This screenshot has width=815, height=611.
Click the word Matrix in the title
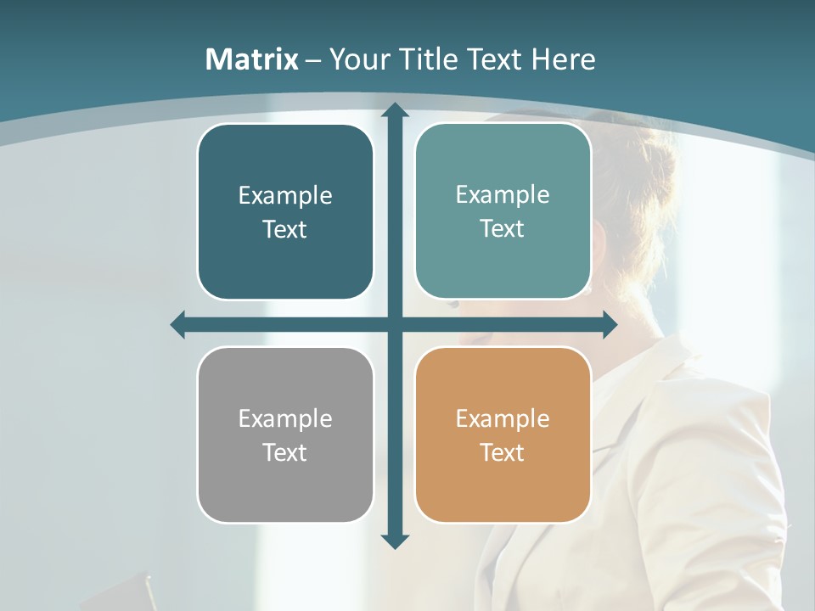pyautogui.click(x=251, y=59)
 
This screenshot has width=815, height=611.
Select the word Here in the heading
pyautogui.click(x=564, y=59)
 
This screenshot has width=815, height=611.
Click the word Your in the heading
pyautogui.click(x=358, y=59)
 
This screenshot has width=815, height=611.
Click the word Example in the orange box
pyautogui.click(x=503, y=418)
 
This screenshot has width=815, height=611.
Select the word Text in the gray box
pyautogui.click(x=284, y=452)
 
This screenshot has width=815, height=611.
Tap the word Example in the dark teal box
pyautogui.click(x=285, y=195)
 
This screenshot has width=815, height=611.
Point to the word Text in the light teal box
pyautogui.click(x=503, y=228)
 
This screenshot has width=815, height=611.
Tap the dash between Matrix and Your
pyautogui.click(x=313, y=60)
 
